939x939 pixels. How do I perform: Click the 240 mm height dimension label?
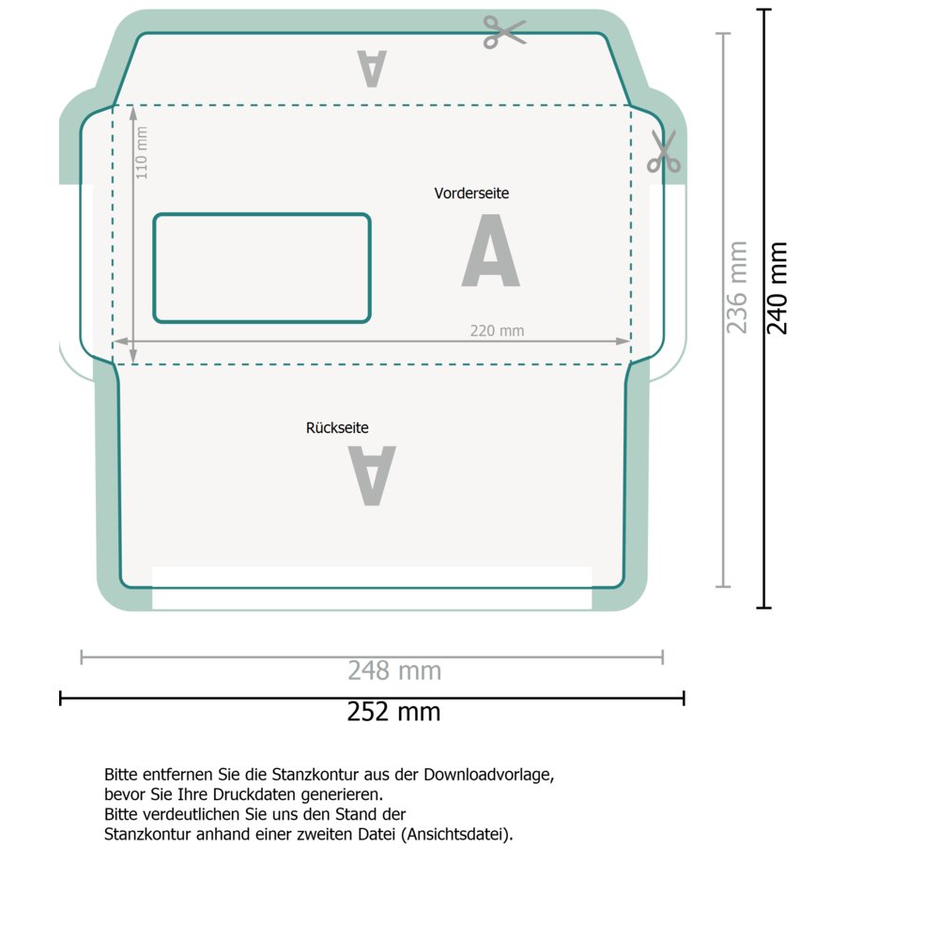(777, 288)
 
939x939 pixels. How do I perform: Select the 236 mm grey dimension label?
(737, 287)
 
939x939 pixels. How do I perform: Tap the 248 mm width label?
(394, 670)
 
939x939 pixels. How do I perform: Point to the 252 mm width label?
(393, 712)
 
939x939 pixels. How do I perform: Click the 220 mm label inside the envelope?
(497, 331)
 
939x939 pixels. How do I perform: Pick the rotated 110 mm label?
(142, 153)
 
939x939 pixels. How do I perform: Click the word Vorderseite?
(471, 193)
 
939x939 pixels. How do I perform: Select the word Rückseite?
(337, 427)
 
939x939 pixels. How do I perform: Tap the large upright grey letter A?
(491, 251)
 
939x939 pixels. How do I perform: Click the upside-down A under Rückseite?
(372, 476)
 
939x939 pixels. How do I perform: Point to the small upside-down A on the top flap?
(372, 69)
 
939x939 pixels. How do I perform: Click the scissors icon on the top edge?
(504, 31)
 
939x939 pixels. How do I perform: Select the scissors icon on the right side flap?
(664, 151)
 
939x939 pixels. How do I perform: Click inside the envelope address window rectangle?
(262, 269)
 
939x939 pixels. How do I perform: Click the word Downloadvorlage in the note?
(488, 775)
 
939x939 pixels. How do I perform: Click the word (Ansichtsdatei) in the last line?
(457, 834)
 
